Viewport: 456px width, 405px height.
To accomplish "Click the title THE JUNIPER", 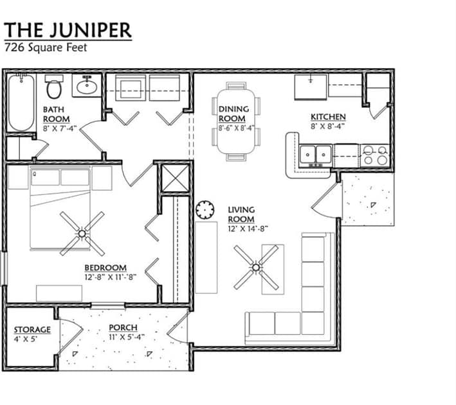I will (x=68, y=30).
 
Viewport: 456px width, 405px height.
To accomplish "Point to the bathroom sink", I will (x=85, y=85).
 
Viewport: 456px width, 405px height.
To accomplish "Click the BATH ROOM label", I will (x=57, y=114).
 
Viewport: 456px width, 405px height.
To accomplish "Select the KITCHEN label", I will (x=328, y=117).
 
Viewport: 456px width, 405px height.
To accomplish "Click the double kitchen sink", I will (x=316, y=155).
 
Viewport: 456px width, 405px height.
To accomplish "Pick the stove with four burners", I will (x=374, y=155).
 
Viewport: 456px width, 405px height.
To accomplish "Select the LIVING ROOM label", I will (x=241, y=214).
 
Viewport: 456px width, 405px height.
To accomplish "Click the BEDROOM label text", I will (x=105, y=268).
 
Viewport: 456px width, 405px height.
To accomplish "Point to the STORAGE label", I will (x=32, y=330).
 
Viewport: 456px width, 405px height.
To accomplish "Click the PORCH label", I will (x=122, y=328).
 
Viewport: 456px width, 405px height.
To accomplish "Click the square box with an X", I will (x=175, y=178).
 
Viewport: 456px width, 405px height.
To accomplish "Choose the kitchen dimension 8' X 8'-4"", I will (x=328, y=126).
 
